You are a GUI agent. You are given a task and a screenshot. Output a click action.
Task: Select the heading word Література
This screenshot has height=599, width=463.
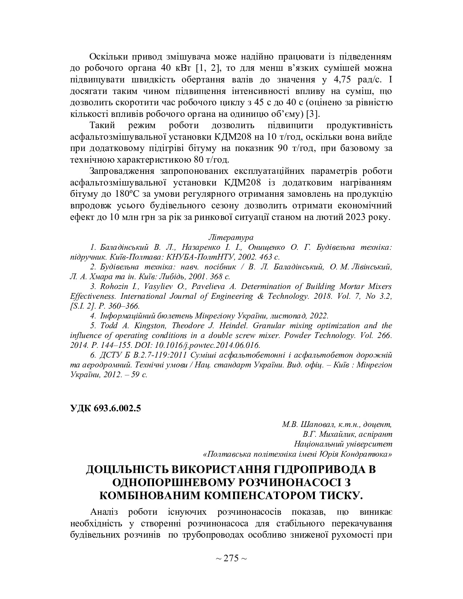tap(231, 237)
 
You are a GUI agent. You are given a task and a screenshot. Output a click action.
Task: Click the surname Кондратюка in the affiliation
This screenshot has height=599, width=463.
tap(369, 454)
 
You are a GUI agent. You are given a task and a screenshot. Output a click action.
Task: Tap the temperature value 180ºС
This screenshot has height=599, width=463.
tap(127, 193)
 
